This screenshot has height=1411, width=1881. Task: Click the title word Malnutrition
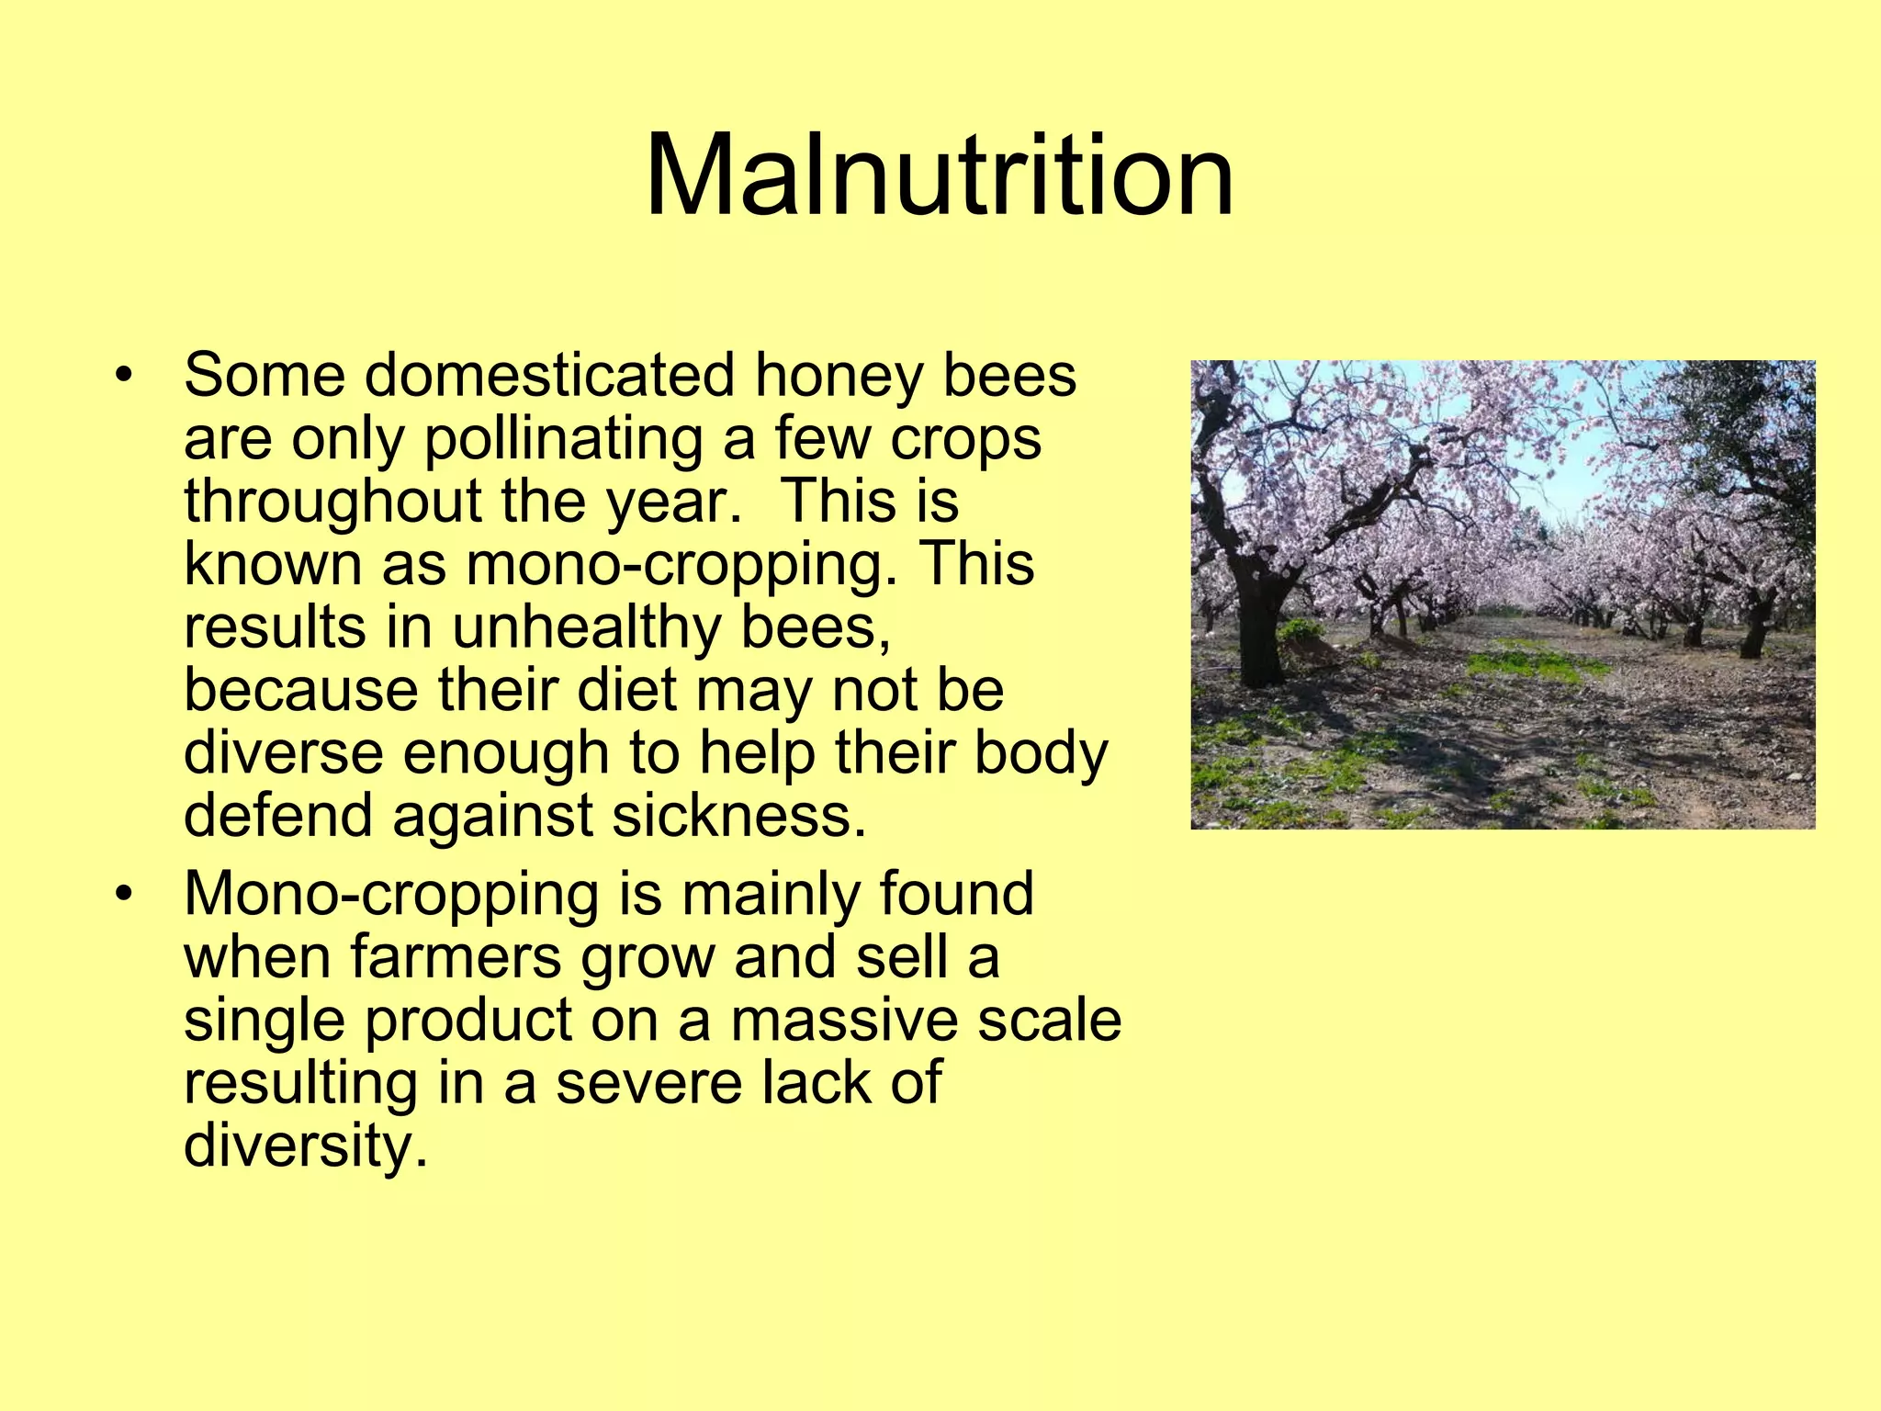click(x=939, y=175)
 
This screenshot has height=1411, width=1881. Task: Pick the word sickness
click(x=739, y=816)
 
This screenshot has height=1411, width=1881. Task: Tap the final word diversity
click(x=306, y=1146)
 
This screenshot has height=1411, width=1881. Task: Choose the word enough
click(x=506, y=753)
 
